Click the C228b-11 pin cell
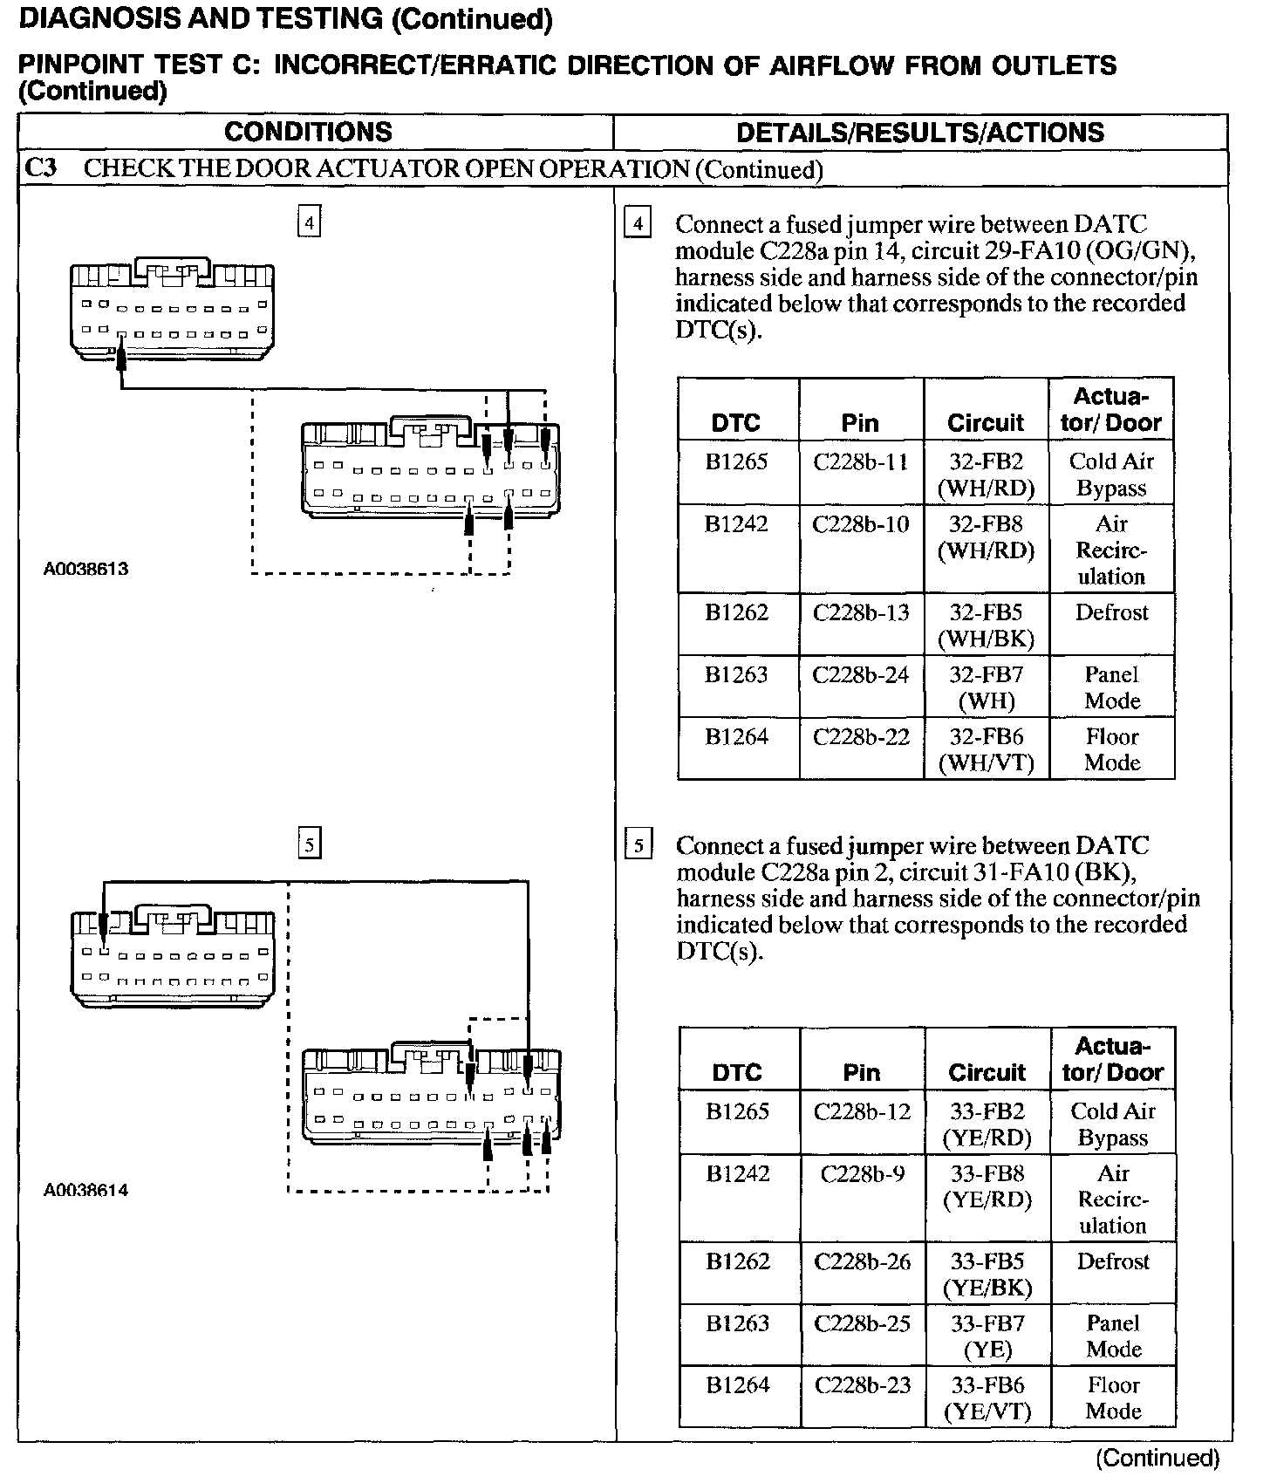pos(860,462)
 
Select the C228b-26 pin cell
pos(862,1261)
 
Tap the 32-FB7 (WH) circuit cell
pos(986,687)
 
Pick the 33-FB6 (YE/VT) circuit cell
pos(987,1398)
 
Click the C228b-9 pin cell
pos(862,1174)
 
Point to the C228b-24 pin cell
pos(860,675)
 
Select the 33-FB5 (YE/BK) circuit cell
pos(987,1275)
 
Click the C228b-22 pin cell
pos(860,737)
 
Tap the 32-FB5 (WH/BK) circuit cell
pos(986,625)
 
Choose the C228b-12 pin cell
pos(862,1112)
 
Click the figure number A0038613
pos(86,570)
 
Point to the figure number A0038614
pos(86,1191)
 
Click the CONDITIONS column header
pos(308,133)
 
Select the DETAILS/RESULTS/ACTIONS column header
pos(920,133)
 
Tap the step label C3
pos(40,168)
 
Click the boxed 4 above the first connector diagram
pos(310,222)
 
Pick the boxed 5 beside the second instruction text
pos(638,846)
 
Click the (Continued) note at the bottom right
pos(1157,1458)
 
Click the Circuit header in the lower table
pos(987,1072)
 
